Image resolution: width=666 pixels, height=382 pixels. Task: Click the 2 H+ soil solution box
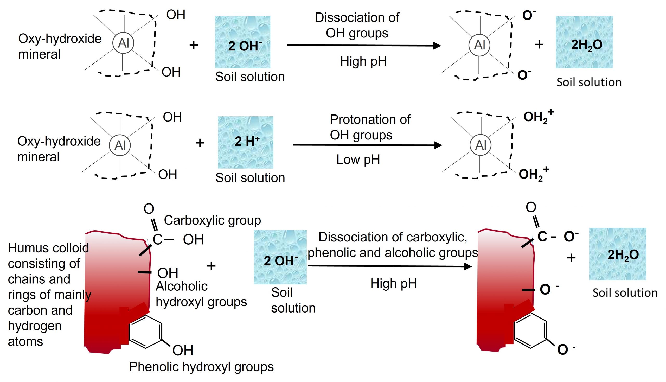[x=246, y=142]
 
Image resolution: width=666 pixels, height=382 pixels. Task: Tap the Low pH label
[x=358, y=160]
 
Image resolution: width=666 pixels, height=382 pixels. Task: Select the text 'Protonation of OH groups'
[x=370, y=127]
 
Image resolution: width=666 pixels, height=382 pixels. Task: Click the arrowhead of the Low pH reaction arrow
[x=438, y=145]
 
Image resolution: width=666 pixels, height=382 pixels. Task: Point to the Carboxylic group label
[x=213, y=220]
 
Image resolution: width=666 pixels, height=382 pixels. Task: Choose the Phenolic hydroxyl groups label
[x=201, y=367]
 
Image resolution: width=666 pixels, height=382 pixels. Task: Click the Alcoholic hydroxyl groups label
[x=201, y=294]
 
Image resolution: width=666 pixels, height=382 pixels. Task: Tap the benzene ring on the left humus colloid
[x=145, y=332]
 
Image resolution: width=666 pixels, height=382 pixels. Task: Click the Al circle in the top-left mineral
[x=123, y=43]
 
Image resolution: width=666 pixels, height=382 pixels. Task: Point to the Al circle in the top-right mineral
[x=479, y=45]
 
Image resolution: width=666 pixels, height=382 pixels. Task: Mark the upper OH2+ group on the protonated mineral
[x=538, y=117]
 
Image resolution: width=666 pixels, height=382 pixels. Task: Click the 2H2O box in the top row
[x=584, y=42]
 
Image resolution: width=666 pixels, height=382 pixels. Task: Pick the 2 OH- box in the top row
[x=243, y=42]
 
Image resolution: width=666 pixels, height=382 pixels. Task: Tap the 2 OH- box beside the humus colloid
[x=280, y=257]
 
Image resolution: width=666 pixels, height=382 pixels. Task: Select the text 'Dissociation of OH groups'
[x=357, y=25]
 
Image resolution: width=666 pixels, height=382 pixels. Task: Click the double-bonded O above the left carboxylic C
[x=149, y=209]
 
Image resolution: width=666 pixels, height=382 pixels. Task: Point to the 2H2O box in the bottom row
[x=618, y=254]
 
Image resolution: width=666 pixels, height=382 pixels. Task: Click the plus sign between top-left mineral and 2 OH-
[x=194, y=45]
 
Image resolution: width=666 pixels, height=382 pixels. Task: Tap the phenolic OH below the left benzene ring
[x=183, y=350]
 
